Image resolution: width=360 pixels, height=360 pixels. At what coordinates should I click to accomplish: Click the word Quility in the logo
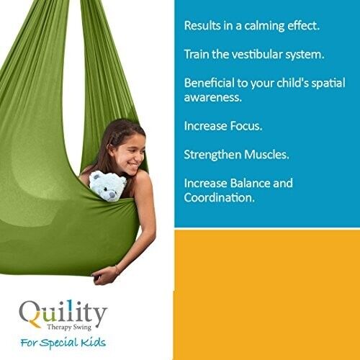[63, 314]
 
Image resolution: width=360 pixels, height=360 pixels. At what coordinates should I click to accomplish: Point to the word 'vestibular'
[256, 54]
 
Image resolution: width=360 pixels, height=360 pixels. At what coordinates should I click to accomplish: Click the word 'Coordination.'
[220, 197]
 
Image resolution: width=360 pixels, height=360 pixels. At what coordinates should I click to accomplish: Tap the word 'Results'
[202, 25]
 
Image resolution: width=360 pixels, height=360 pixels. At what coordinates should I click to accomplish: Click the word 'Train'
[197, 54]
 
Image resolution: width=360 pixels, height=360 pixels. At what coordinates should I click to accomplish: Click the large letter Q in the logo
[31, 315]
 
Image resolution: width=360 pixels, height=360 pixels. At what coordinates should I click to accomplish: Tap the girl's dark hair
[108, 140]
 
